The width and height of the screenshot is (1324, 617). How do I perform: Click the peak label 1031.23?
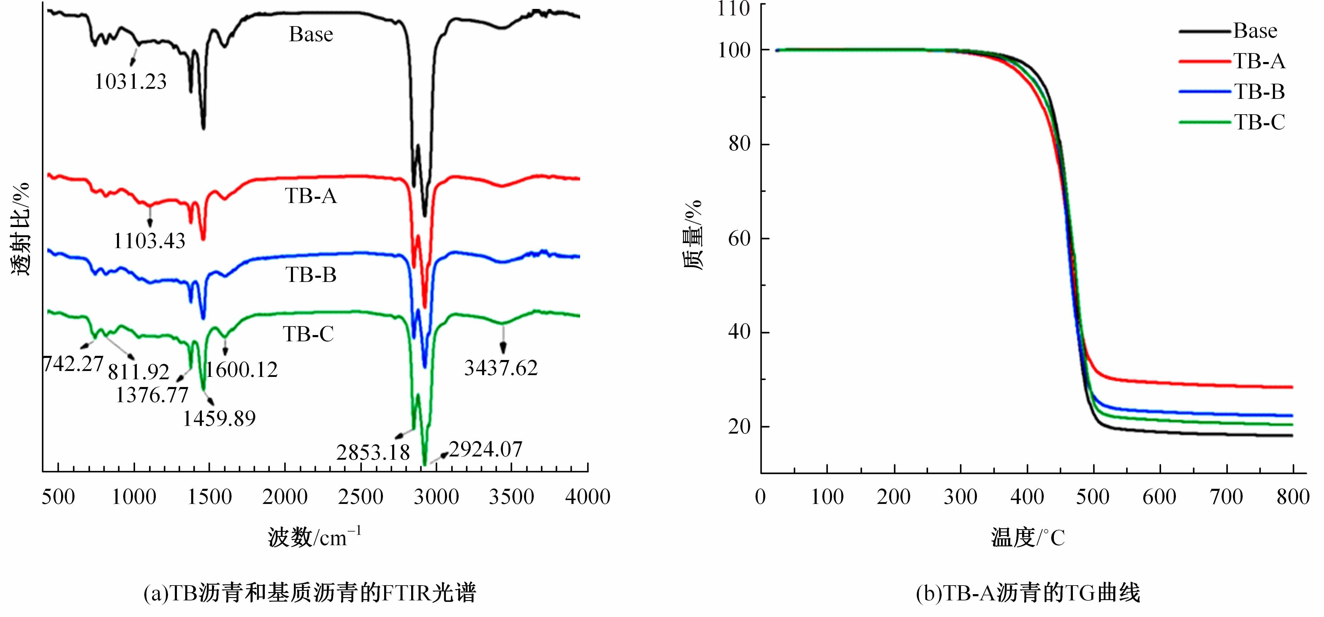point(131,82)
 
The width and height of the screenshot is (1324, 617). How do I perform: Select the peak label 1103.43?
point(149,240)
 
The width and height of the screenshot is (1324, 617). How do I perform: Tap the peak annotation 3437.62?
point(501,368)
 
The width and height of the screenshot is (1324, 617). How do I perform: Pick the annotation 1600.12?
point(242,369)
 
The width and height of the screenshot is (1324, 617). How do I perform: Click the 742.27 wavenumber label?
point(73,364)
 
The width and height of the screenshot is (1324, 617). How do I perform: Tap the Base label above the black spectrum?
point(311,34)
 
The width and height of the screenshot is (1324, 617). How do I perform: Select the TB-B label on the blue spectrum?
point(311,275)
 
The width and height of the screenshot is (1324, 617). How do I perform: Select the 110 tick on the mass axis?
point(734,9)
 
